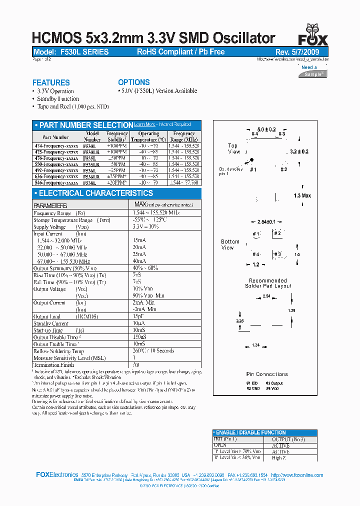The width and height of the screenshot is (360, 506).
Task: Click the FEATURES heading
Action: (51, 82)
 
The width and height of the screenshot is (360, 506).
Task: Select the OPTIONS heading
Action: (134, 82)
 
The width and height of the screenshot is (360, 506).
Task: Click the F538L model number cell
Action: (91, 183)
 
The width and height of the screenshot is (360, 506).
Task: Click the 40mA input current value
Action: (139, 261)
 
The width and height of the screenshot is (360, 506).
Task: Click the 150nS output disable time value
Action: (140, 337)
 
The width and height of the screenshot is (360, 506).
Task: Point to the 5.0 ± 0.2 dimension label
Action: (266, 129)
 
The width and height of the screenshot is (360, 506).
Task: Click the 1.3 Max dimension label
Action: (302, 195)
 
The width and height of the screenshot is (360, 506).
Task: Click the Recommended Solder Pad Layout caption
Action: (267, 283)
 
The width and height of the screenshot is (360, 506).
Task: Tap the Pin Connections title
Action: (267, 374)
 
